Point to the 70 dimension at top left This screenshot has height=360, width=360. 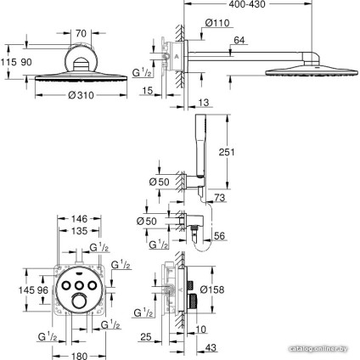pos(82,32)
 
